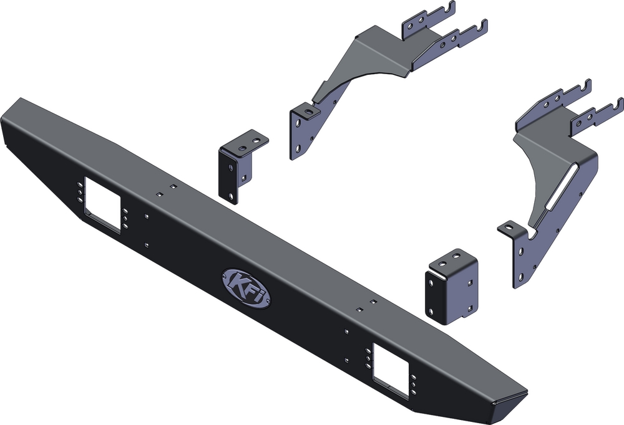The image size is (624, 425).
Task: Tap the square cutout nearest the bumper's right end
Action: [390, 370]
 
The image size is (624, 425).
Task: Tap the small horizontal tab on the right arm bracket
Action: [508, 227]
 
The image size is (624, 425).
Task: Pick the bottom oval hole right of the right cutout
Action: [414, 392]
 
